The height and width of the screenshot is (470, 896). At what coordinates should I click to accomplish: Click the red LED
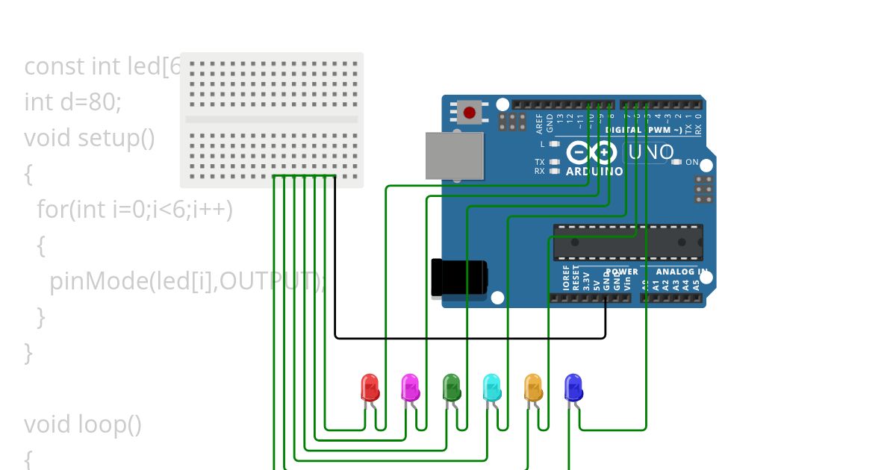tap(370, 388)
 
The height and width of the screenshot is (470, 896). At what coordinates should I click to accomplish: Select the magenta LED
tap(410, 388)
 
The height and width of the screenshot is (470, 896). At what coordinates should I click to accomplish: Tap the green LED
tap(451, 388)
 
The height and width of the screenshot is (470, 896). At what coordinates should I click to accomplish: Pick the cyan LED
tap(491, 388)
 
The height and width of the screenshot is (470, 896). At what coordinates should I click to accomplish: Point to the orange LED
tap(532, 388)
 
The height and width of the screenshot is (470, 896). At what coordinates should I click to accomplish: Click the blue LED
tap(573, 388)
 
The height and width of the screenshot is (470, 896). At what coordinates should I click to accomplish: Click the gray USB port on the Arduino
tap(453, 156)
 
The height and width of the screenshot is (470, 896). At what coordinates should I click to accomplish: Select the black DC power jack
tap(458, 278)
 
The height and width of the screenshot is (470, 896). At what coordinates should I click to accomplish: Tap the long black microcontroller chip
tap(627, 242)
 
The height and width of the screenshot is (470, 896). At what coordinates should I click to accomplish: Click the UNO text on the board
tap(651, 153)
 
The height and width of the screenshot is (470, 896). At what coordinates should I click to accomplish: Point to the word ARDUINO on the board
tap(594, 172)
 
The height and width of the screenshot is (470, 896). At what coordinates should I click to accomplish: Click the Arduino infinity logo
tap(591, 153)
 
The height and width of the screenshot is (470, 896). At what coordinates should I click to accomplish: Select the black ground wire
tap(470, 338)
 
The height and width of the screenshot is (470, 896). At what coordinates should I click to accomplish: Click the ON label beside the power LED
tap(692, 162)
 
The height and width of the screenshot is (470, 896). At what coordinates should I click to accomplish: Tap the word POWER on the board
tap(622, 272)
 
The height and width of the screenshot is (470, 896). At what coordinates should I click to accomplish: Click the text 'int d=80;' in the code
tap(72, 102)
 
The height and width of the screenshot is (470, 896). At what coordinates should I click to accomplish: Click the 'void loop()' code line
tap(82, 424)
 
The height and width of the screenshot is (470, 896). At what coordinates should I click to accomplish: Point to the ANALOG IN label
tap(681, 272)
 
